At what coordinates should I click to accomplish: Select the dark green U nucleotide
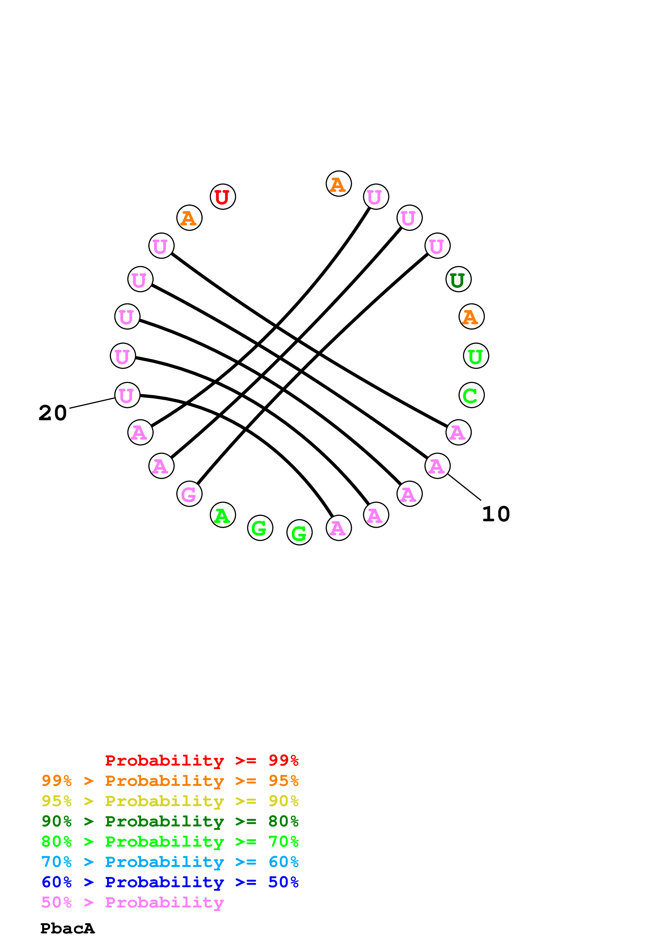pos(458,279)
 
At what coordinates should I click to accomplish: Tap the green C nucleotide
pos(471,395)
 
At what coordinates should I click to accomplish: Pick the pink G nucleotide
pos(189,494)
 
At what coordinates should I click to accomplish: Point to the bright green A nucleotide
pos(223,515)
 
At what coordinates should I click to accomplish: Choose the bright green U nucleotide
pos(476,356)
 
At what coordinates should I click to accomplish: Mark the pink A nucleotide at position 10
pos(437,466)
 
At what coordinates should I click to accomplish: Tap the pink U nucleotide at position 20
pos(127,395)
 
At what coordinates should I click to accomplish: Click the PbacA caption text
pos(67,929)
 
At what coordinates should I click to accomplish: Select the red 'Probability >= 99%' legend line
pos(201,760)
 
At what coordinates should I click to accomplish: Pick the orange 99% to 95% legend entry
pos(170,781)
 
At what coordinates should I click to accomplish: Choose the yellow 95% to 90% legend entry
pos(170,801)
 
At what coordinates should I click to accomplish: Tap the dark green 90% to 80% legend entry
pos(170,821)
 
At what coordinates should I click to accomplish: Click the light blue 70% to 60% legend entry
pos(170,862)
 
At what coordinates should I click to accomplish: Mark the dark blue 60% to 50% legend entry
pos(170,882)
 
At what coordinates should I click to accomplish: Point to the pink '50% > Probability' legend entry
pos(132,903)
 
